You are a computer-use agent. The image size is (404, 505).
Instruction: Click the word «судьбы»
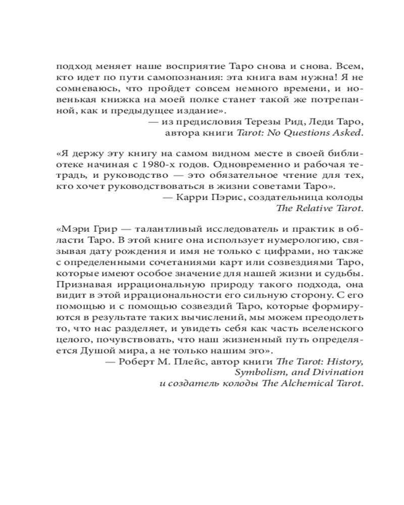pos(347,274)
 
